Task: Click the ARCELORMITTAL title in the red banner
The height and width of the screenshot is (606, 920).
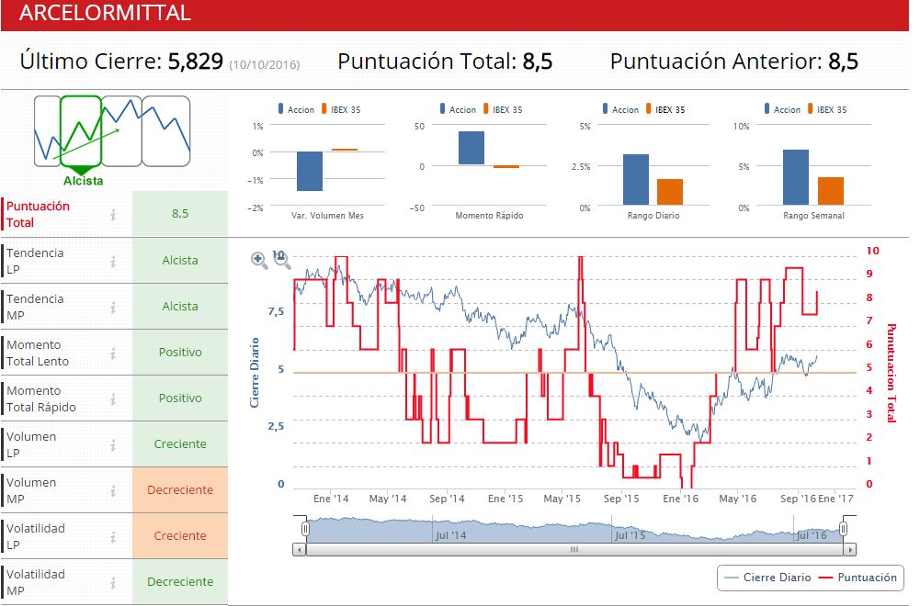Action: click(105, 13)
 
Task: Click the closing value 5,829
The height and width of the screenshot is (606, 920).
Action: click(195, 62)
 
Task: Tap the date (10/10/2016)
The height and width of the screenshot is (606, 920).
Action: click(265, 64)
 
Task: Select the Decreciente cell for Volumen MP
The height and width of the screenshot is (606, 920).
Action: click(180, 490)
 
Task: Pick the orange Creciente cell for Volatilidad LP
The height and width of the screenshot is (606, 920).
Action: click(180, 536)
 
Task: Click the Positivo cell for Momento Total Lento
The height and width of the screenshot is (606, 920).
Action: click(180, 353)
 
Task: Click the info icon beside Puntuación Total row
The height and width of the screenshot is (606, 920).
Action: click(113, 215)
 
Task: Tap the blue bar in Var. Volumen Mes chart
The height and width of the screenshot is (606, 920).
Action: click(310, 171)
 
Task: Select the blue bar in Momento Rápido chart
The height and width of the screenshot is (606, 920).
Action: click(471, 148)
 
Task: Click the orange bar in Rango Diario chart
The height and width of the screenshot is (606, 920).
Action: click(670, 191)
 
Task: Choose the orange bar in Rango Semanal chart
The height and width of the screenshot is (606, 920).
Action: click(831, 190)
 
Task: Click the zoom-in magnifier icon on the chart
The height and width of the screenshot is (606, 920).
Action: click(259, 261)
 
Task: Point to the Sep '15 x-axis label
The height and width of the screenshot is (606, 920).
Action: click(621, 499)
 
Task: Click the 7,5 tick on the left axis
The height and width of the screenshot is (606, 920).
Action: click(276, 311)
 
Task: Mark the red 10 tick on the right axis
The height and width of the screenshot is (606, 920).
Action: click(873, 251)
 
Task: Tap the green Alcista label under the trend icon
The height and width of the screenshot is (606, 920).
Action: click(83, 181)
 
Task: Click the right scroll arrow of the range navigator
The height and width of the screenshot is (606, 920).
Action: click(849, 550)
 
